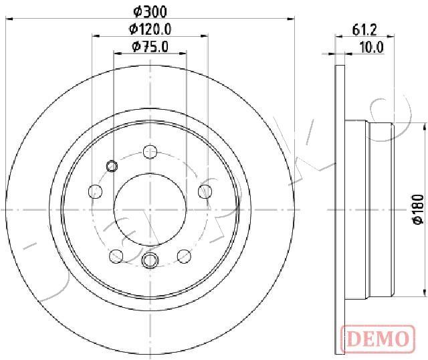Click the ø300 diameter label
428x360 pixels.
click(x=150, y=12)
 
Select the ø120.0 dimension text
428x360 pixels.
click(x=150, y=29)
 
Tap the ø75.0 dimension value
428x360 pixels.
click(x=150, y=46)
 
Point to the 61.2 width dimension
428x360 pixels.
click(x=364, y=29)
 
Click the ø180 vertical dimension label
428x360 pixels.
click(x=418, y=209)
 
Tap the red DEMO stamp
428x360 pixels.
click(x=378, y=338)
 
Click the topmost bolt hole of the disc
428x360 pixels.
click(x=150, y=152)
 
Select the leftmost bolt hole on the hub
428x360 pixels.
click(x=95, y=191)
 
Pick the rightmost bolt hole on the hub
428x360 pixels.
click(x=205, y=191)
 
